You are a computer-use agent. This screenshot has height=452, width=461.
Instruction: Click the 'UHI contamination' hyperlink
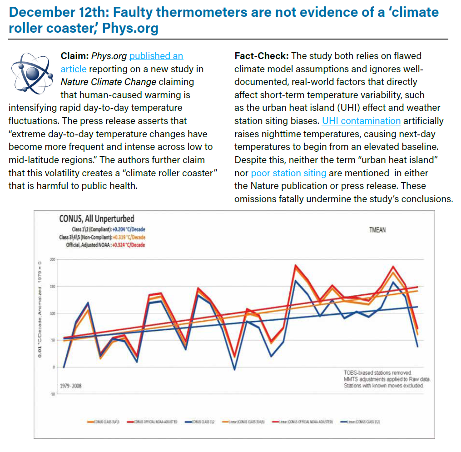(x=361, y=121)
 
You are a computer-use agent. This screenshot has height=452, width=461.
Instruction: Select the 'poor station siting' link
(x=288, y=173)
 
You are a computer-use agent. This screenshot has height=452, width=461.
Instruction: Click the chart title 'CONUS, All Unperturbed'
(x=96, y=219)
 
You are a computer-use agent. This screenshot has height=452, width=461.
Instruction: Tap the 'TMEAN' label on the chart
(x=377, y=230)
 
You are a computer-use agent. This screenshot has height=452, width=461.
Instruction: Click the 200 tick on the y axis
(x=52, y=259)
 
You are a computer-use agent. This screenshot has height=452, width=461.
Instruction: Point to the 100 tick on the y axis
(x=52, y=313)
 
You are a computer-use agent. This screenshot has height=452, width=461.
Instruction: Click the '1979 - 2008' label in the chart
(x=71, y=386)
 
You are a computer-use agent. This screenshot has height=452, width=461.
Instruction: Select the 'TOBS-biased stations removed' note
(x=378, y=373)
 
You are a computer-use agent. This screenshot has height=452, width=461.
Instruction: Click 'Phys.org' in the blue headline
(x=130, y=28)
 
